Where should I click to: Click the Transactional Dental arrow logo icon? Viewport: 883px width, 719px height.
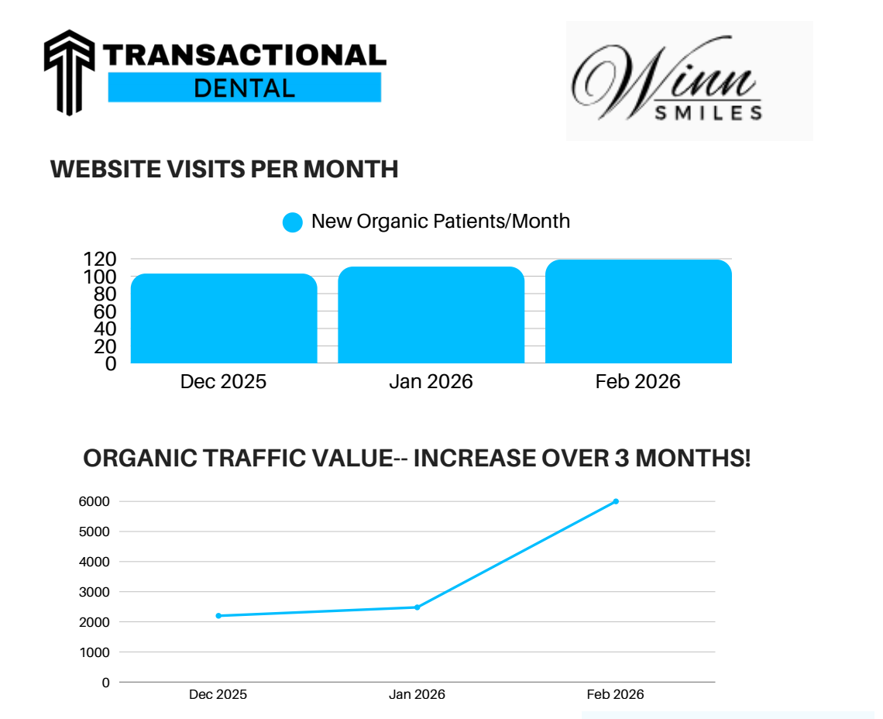69,71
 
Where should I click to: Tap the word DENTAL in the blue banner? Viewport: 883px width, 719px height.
244,88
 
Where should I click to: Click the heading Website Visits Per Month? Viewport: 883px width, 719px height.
224,169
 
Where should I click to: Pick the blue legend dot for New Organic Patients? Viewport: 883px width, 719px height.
293,222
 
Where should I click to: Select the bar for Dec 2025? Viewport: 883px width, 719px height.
224,318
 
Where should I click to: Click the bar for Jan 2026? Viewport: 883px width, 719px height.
431,315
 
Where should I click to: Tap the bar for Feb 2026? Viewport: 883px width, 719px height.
638,311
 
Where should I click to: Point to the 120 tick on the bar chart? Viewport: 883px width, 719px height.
99,259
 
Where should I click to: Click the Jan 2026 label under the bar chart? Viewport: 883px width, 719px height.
431,382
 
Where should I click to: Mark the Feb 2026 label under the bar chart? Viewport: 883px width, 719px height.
638,382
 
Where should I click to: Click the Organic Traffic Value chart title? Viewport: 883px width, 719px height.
417,459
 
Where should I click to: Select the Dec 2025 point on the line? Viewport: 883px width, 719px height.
218,616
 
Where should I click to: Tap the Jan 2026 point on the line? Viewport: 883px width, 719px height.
417,607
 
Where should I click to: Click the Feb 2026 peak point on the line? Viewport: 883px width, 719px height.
616,501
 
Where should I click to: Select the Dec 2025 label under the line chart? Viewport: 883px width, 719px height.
218,695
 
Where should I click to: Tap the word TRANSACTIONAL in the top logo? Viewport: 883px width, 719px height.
244,55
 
